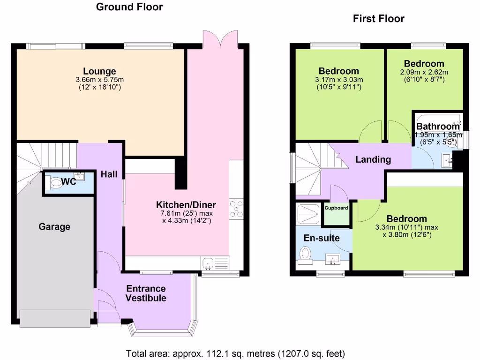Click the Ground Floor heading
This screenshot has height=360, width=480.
(x=129, y=7)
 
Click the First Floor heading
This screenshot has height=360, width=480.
(x=378, y=19)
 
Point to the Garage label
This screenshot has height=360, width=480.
(x=54, y=227)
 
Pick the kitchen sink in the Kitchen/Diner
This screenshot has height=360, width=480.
(x=208, y=263)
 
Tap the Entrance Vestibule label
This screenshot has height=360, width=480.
(x=145, y=293)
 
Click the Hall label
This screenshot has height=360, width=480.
(x=109, y=174)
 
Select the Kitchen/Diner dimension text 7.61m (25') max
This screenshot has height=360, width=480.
(x=186, y=213)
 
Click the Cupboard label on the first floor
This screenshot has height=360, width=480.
(x=337, y=208)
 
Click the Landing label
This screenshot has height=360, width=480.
(x=373, y=159)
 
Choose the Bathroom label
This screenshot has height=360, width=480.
(x=438, y=127)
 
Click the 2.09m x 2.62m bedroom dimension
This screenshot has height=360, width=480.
(x=424, y=72)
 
